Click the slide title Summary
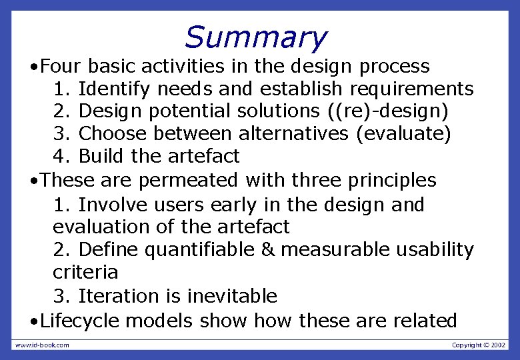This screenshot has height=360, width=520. point(255,37)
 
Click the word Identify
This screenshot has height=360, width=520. point(112,89)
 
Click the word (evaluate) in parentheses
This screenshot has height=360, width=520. point(403,134)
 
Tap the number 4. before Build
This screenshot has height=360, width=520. point(62,157)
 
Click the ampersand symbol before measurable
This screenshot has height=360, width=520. point(267,250)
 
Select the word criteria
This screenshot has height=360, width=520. point(85,273)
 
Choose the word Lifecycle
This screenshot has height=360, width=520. point(79,321)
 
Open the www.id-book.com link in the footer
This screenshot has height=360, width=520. point(42,345)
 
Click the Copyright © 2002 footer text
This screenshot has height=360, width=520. point(479,345)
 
